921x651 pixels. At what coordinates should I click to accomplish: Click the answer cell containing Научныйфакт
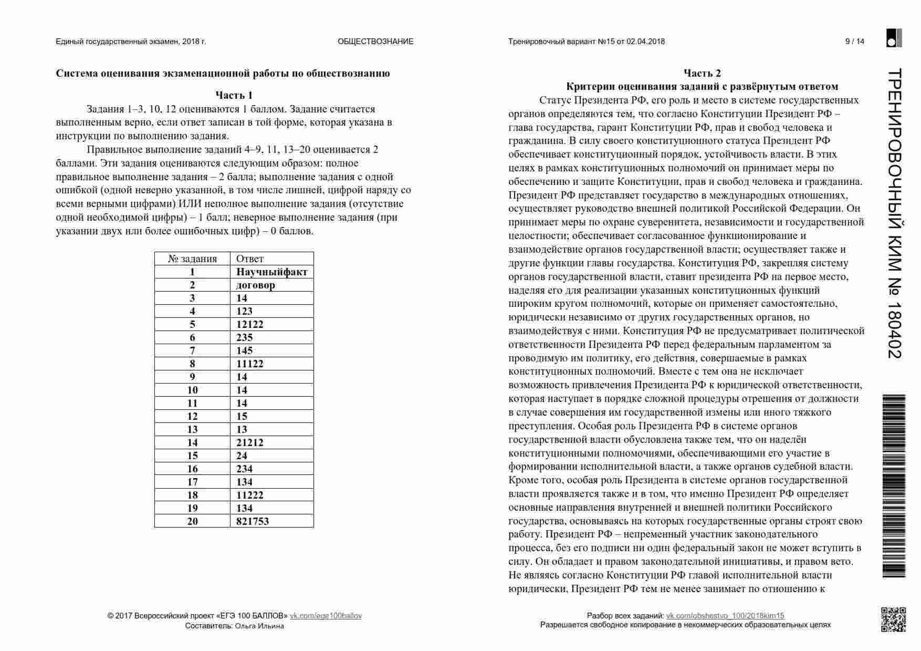click(271, 272)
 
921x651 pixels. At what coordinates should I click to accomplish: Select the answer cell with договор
click(256, 285)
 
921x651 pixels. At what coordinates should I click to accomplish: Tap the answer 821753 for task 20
click(253, 521)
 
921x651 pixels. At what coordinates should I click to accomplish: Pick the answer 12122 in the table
click(250, 324)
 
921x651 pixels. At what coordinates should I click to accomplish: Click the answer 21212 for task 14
click(250, 442)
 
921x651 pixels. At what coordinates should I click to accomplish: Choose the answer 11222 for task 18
click(250, 495)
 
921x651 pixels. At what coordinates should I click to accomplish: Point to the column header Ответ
click(250, 259)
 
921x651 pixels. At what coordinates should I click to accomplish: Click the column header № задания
click(192, 259)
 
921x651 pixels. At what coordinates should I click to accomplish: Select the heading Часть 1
click(234, 95)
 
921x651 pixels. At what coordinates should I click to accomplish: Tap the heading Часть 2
click(702, 73)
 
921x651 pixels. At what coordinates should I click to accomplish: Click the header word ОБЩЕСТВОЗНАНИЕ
click(375, 42)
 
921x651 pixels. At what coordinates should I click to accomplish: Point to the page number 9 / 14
click(854, 42)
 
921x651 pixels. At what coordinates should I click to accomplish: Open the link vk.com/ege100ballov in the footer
click(326, 616)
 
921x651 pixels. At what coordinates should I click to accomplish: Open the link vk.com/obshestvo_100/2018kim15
click(725, 616)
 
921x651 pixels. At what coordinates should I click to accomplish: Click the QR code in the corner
click(893, 619)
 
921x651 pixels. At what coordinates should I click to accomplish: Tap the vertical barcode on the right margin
click(894, 486)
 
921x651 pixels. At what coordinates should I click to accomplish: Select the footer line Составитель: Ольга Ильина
click(234, 626)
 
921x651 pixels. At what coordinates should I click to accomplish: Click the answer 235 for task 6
click(245, 337)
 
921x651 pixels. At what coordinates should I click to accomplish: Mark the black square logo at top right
click(894, 38)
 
